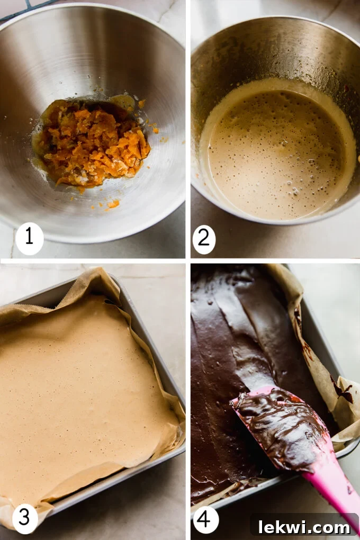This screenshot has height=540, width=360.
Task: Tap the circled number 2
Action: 204,239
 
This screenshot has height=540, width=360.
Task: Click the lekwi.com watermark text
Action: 304,527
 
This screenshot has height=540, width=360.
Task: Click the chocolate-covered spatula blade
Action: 281,424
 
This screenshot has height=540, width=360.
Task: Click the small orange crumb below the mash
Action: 113,204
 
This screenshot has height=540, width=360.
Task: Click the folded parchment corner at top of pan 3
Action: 101,281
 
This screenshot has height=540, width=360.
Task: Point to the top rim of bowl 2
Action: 275,21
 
